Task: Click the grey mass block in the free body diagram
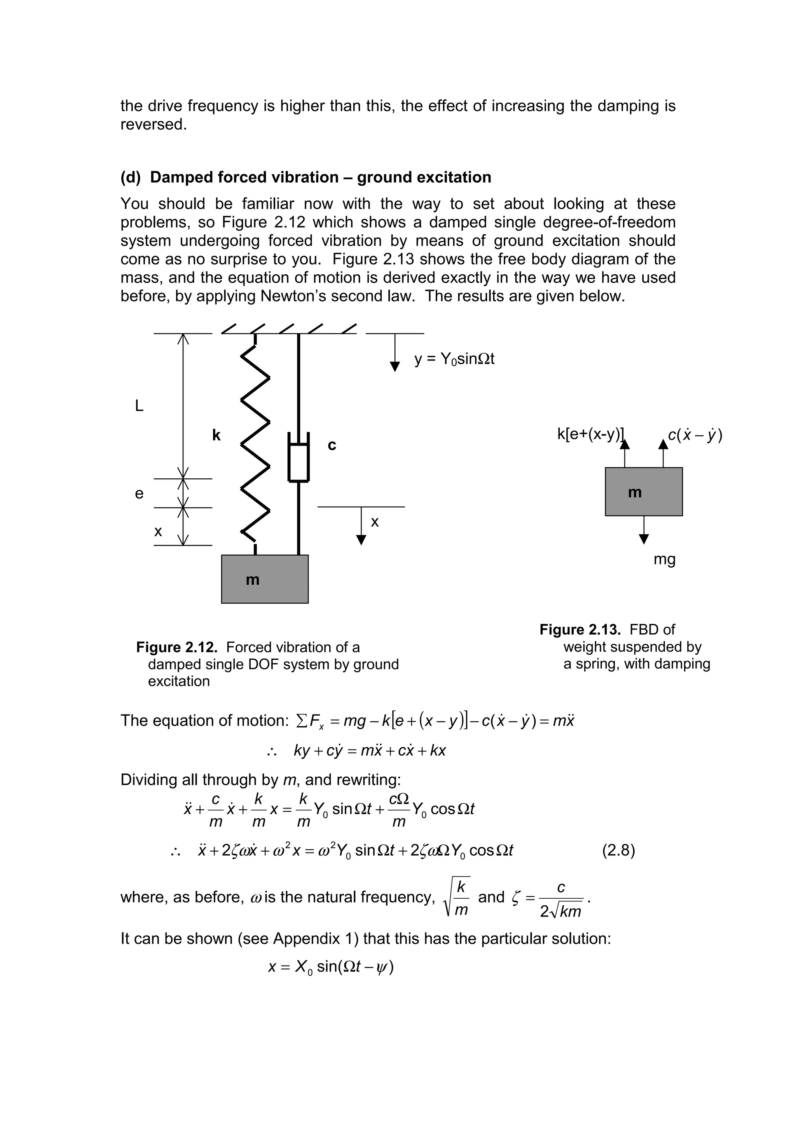coord(644,492)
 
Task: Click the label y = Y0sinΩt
coord(454,359)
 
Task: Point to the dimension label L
coord(139,406)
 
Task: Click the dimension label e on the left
coord(139,493)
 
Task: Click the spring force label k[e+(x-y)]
coord(590,434)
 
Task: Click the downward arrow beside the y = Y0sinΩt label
coord(395,353)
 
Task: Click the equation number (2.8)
coord(618,850)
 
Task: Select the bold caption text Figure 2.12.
coord(176,647)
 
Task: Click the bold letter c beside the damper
coord(332,445)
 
